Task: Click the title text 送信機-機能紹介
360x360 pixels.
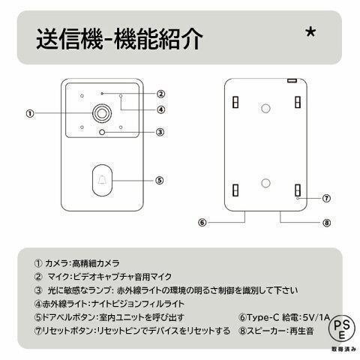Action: pos(119,39)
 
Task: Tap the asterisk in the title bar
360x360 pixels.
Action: pos(311,34)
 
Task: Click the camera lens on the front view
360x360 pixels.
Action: pos(100,113)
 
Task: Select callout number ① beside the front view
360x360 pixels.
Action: pos(30,114)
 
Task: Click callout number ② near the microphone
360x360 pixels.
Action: pos(160,94)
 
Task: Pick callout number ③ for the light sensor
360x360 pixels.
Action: pos(160,133)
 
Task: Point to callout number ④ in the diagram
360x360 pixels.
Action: pos(160,109)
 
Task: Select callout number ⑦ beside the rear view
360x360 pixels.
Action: pos(327,199)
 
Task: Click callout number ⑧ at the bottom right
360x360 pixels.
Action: pos(327,223)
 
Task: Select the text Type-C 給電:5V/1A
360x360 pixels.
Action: pos(280,317)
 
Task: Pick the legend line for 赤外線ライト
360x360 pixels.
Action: pos(108,304)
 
